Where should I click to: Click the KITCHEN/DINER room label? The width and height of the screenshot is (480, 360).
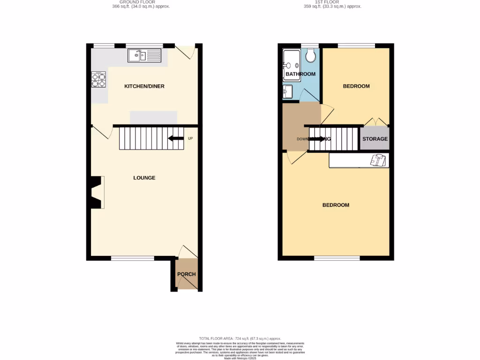144,86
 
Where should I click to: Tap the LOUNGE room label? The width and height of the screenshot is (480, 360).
144,178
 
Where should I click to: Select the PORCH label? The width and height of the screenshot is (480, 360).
186,274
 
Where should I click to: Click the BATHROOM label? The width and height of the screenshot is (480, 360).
300,74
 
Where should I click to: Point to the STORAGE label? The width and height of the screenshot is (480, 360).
375,139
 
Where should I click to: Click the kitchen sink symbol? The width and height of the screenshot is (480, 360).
144,56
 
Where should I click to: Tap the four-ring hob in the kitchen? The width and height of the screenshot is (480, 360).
98,80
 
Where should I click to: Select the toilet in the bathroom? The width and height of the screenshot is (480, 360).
309,56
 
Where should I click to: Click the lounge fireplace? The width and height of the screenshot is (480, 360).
97,192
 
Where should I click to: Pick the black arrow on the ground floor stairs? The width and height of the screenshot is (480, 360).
176,138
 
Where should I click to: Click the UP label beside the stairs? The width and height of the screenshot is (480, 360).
190,138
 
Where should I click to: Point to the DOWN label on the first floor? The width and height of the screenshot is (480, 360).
303,139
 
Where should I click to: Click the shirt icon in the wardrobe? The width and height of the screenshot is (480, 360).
379,160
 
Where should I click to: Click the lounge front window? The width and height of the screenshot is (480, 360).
133,258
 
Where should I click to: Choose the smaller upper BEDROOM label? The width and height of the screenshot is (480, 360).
356,86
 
